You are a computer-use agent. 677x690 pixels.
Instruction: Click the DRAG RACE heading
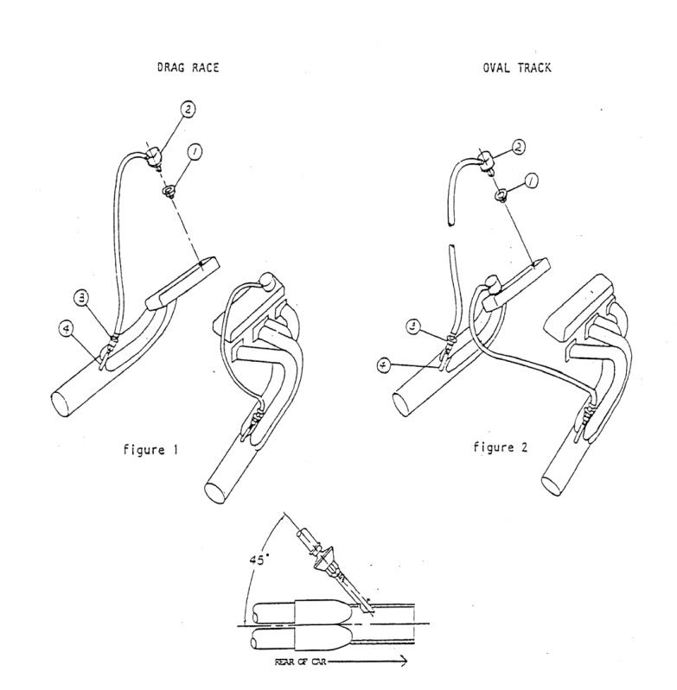188,67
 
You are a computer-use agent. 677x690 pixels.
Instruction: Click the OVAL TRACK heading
517,67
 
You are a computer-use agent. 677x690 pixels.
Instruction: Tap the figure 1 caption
150,450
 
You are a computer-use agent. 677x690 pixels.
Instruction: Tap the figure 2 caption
500,447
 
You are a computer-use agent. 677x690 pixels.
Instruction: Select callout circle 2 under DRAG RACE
188,109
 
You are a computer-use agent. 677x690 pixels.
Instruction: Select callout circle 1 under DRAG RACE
194,152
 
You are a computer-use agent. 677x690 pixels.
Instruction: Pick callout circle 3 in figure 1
81,299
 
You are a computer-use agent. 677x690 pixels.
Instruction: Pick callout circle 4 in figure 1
67,329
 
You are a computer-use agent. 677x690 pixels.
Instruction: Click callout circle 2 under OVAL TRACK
519,147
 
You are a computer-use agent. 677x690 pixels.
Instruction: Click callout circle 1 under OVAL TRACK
532,180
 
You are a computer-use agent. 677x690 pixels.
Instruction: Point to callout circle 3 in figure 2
413,326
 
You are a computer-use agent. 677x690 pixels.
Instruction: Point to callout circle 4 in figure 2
385,364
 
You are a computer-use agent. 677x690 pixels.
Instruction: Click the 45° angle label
259,560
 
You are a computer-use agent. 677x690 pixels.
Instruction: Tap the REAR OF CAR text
300,662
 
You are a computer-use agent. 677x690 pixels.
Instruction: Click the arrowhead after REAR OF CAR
402,661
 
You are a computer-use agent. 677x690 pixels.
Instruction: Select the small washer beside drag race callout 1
169,192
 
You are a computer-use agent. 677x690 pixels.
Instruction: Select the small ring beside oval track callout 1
501,195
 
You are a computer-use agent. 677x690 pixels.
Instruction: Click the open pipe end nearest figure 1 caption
61,404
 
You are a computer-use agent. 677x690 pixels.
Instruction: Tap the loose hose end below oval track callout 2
450,223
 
